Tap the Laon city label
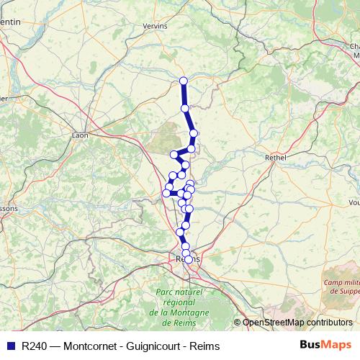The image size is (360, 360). tap(80, 135)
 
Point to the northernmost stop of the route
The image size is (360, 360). tap(183, 81)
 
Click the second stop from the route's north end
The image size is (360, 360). tap(185, 108)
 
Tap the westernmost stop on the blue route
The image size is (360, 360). tap(166, 192)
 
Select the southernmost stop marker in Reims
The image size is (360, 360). tap(189, 259)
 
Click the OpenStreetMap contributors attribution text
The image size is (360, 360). tap(297, 323)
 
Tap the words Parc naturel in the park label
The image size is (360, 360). tap(179, 292)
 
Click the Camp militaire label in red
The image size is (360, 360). tap(341, 283)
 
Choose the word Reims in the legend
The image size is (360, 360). tap(205, 346)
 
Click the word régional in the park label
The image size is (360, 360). tap(179, 302)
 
